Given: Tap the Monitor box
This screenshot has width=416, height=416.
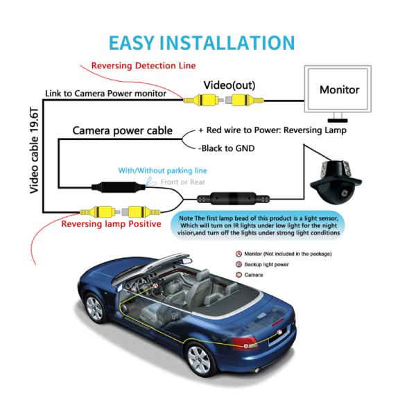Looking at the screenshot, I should point(339,90).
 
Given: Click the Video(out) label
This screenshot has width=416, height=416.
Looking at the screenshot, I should point(229,85).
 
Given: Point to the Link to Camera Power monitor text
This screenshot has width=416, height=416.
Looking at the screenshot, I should point(105,93).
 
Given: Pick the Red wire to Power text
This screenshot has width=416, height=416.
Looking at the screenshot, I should point(272,130).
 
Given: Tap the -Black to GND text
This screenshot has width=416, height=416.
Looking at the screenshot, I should point(226,148).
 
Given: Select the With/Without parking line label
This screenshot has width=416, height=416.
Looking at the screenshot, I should point(162,171).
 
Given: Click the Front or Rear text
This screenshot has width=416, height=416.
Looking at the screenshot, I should point(183,182).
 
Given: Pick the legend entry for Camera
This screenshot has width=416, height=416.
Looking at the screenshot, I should point(254,275).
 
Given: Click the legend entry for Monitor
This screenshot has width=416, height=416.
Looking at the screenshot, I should point(284,254).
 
